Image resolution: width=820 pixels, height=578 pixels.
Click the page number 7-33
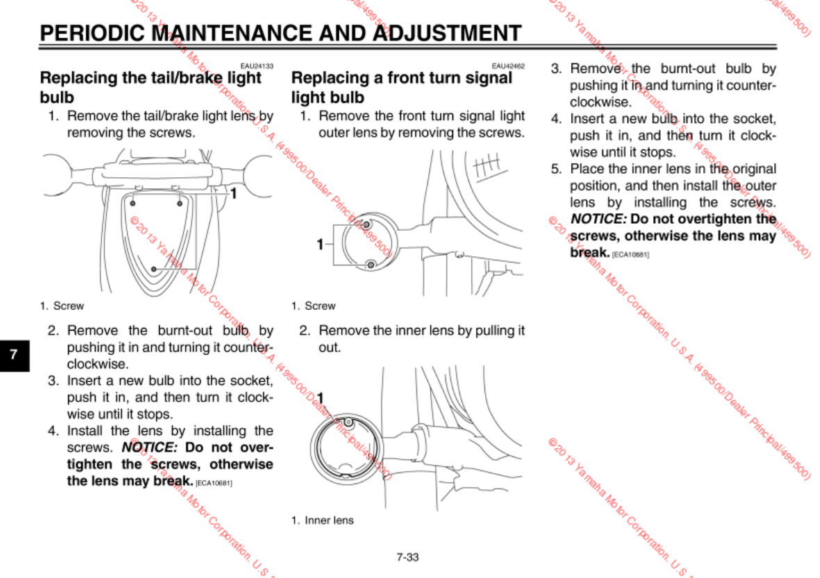tap(408, 556)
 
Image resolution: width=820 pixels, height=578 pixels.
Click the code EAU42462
tap(508, 66)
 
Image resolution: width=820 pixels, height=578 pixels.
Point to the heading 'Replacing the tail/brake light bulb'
tap(151, 87)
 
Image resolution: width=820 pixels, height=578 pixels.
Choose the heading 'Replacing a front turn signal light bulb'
tap(402, 87)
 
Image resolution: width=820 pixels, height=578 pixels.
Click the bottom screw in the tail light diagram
tap(154, 267)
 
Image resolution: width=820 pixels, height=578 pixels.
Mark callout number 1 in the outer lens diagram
tap(320, 244)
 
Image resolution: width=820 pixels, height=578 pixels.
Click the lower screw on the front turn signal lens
tap(370, 264)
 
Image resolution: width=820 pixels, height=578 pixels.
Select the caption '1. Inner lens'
tap(322, 520)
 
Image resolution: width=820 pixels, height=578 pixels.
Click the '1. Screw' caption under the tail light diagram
tap(62, 306)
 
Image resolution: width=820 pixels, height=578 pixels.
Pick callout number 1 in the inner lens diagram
tap(320, 398)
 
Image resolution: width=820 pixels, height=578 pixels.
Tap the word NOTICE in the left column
tap(149, 447)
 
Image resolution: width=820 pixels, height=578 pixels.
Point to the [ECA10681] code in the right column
tap(630, 254)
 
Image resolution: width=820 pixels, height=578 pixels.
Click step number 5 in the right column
tap(556, 169)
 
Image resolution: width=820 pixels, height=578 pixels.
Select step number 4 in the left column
tap(53, 431)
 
